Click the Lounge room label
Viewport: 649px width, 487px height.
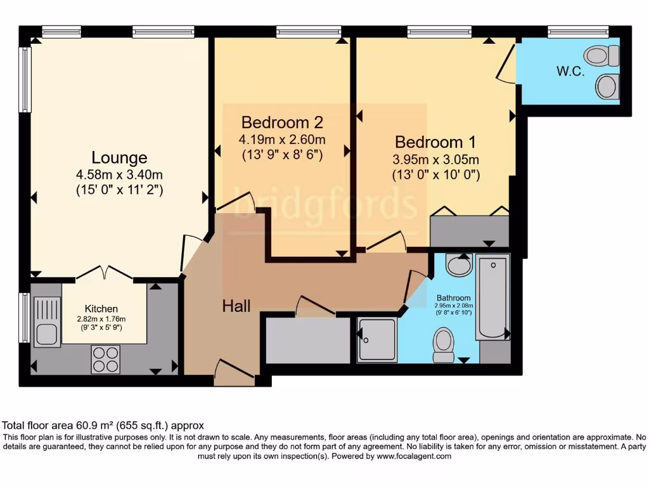click(119, 157)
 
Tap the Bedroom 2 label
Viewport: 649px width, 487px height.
click(282, 122)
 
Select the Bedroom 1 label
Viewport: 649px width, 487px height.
click(435, 141)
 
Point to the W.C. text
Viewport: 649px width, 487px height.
click(570, 72)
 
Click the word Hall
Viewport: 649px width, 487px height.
click(236, 306)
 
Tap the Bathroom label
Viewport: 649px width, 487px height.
click(454, 298)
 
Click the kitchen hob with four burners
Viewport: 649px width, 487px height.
click(105, 359)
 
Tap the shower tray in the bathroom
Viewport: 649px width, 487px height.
click(376, 340)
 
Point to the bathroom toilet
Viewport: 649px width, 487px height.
click(444, 344)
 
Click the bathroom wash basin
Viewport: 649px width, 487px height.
click(458, 265)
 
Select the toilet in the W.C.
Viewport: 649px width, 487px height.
click(603, 56)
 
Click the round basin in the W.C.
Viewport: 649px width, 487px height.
click(607, 86)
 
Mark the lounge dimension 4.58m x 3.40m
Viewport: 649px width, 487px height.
click(119, 175)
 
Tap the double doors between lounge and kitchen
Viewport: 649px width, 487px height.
click(104, 273)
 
